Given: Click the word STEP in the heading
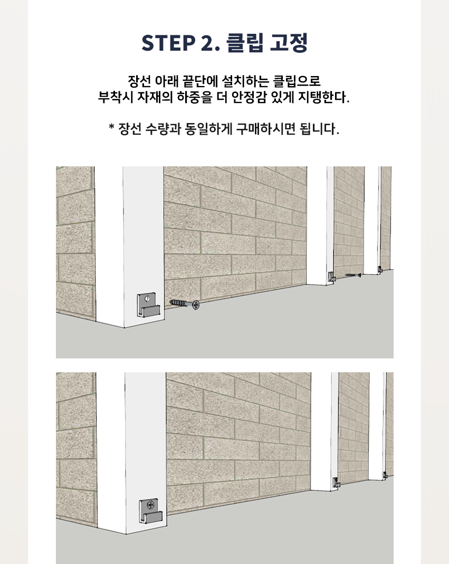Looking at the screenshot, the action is tap(168, 43).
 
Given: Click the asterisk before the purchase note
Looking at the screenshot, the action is tap(111, 127).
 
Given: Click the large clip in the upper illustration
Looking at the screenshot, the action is tap(148, 305).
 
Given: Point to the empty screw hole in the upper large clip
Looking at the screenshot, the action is tap(147, 298).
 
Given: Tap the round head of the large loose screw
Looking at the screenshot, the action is tap(196, 305).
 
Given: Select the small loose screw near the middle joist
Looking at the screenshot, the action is tap(354, 275).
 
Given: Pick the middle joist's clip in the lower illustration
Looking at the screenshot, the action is tap(336, 483).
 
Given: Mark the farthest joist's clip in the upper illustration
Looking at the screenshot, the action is tap(380, 269).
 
